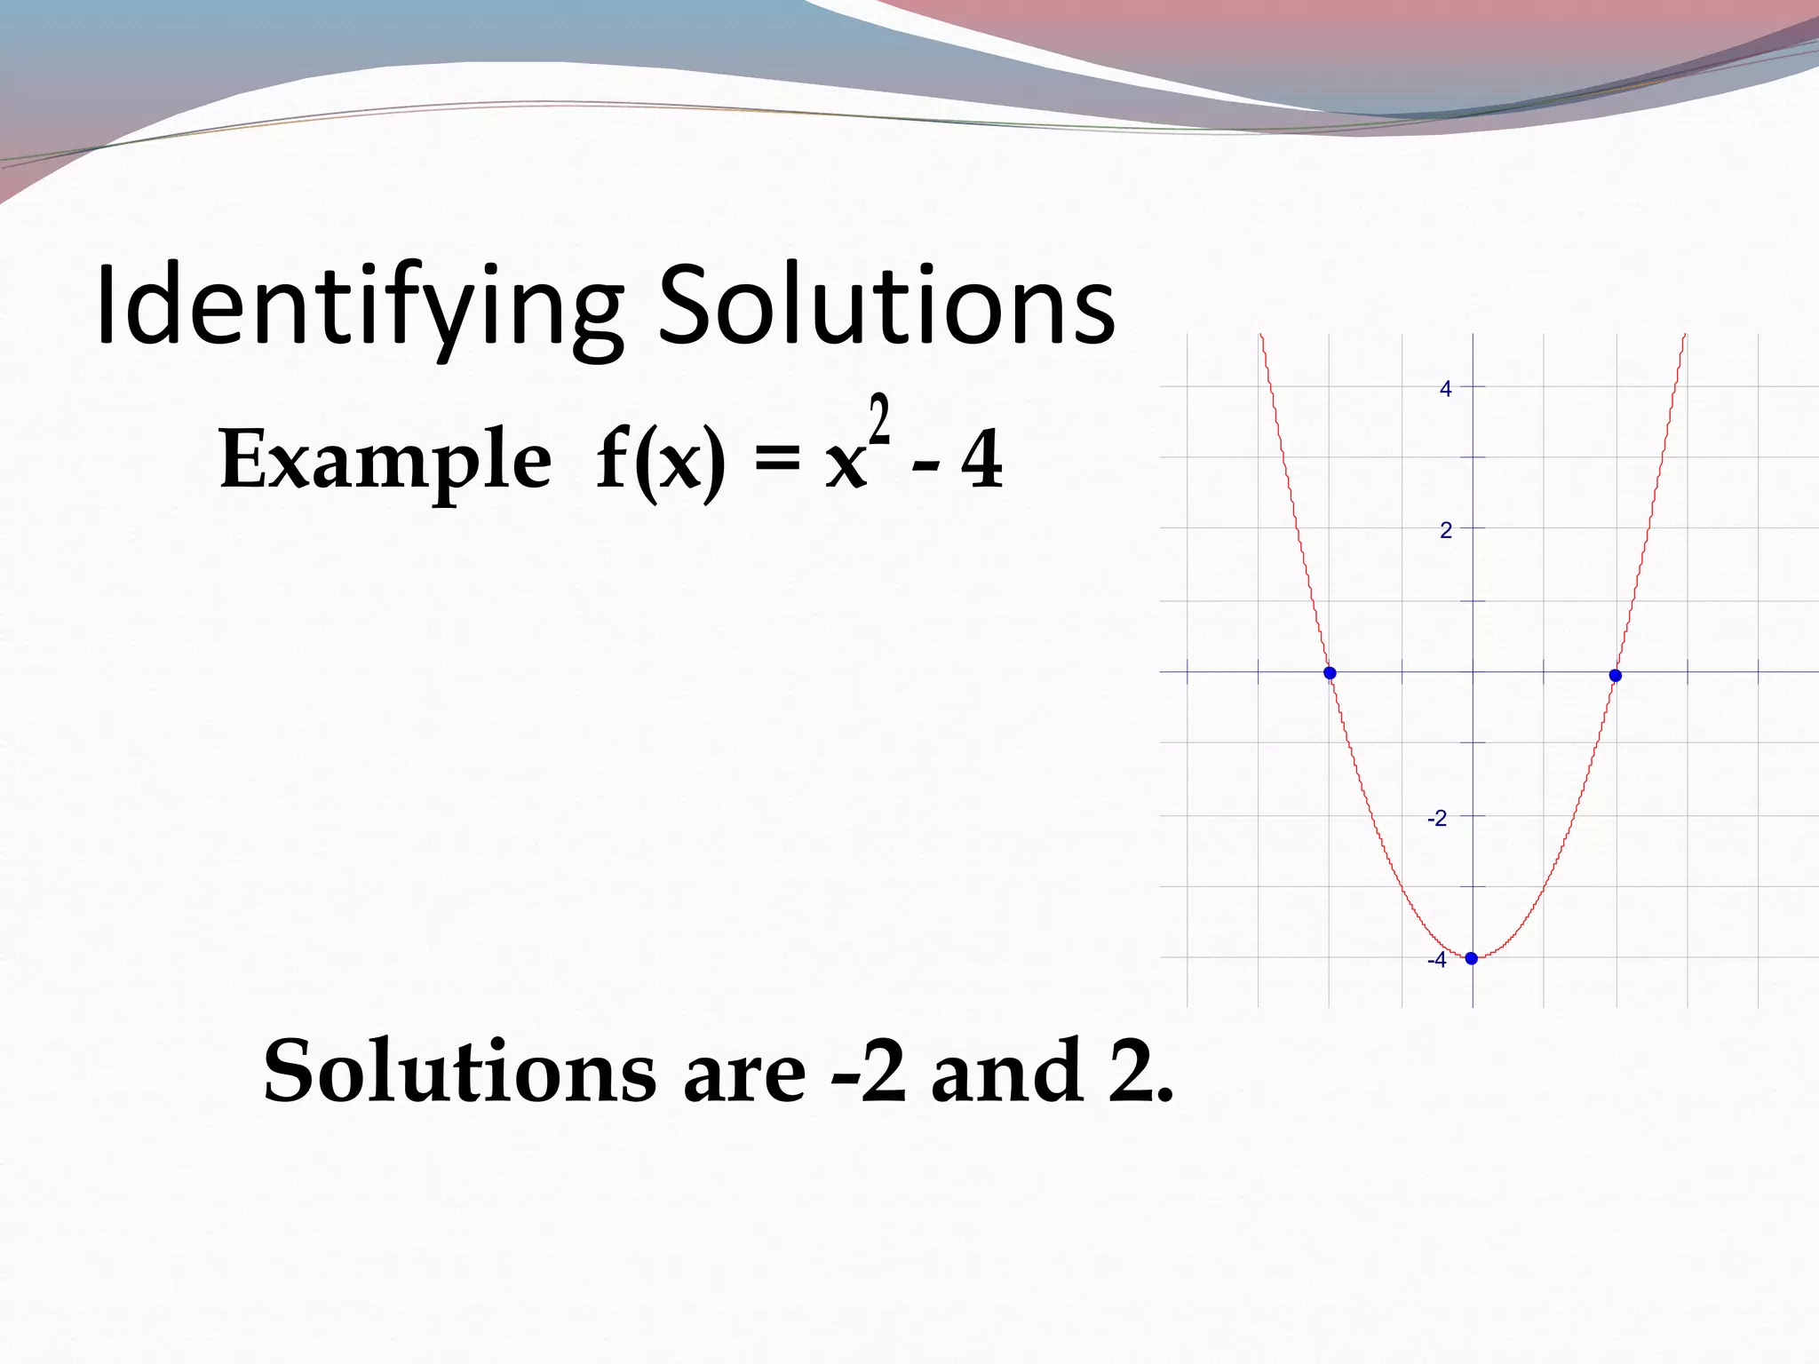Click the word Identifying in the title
(359, 306)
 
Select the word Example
(385, 460)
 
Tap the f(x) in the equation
(660, 460)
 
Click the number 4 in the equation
(982, 460)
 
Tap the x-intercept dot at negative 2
(1330, 673)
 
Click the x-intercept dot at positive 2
(1616, 676)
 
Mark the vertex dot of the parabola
(1472, 958)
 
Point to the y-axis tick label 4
(1445, 389)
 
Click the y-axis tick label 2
(1445, 531)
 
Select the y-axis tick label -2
(1436, 818)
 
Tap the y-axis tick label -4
(1436, 960)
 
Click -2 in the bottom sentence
(869, 1072)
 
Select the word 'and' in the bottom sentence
(1007, 1072)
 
